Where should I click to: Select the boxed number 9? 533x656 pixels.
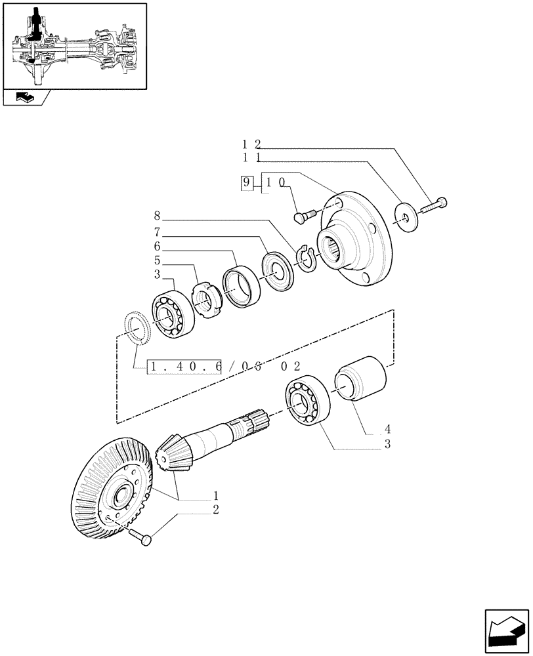pos(246,183)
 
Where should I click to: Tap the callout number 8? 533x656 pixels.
pos(157,215)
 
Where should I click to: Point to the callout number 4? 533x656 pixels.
pos(387,430)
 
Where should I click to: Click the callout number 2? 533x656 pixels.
pos(215,509)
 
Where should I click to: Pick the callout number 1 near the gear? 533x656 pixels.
pos(215,497)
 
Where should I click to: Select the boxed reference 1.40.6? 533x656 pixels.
pos(184,366)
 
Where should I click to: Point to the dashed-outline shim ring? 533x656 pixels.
pos(138,327)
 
